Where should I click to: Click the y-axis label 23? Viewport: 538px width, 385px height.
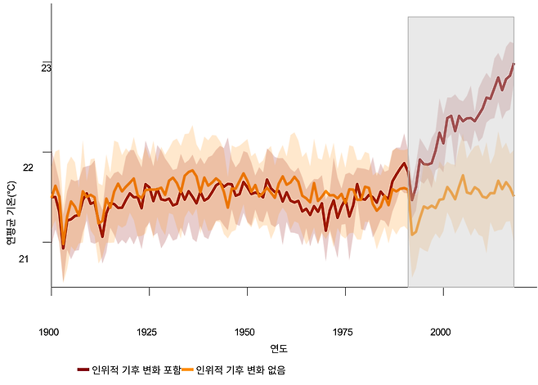(47, 68)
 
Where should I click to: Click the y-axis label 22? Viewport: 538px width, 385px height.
(50, 168)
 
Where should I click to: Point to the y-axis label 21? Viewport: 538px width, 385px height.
(47, 259)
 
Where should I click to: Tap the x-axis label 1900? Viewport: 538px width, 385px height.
(49, 333)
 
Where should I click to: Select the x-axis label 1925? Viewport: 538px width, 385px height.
(147, 333)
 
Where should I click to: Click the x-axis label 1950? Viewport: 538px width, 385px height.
(244, 333)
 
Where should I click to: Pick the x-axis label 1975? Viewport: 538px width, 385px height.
(343, 333)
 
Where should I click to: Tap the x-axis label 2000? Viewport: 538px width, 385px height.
(441, 333)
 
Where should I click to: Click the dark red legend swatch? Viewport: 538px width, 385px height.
(83, 370)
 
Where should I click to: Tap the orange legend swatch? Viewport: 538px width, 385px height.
(187, 370)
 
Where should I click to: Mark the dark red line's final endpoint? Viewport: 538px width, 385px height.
(513, 64)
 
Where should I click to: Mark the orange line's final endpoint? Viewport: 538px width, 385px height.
(513, 195)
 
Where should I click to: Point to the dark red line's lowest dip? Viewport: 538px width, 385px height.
(64, 247)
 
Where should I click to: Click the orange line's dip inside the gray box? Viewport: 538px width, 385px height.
(413, 235)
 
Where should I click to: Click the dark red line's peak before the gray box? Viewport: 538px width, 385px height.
(404, 141)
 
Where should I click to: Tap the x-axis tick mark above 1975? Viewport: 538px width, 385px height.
(345, 291)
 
